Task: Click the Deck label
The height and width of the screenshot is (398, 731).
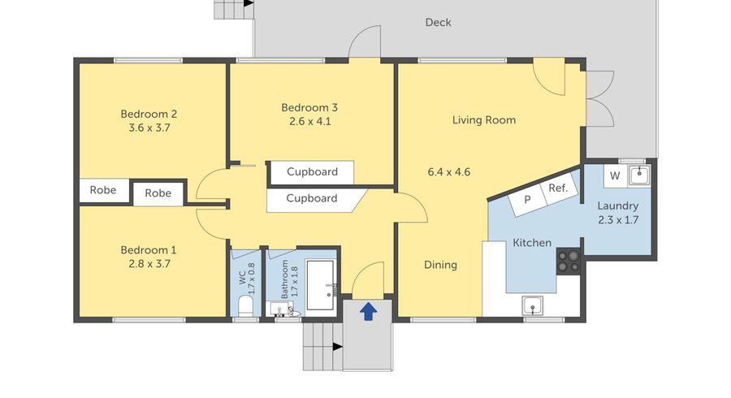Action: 438,23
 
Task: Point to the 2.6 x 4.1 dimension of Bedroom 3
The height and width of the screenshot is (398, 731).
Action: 309,122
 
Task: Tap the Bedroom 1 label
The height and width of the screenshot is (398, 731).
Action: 149,250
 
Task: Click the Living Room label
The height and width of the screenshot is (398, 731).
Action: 484,120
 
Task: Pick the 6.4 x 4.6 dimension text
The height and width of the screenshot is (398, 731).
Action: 449,172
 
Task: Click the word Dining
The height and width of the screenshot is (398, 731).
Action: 440,265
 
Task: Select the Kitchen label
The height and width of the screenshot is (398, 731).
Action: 532,243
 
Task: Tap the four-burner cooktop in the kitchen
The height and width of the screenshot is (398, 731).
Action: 568,260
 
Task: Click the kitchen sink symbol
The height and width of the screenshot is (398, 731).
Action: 533,305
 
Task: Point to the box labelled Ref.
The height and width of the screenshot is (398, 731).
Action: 557,188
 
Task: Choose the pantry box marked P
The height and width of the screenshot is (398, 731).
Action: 527,199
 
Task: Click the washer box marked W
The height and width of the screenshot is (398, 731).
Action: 615,175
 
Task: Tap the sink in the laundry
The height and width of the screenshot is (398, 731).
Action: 639,174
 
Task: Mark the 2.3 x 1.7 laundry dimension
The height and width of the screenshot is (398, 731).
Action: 617,219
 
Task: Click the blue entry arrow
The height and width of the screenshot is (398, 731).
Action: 368,310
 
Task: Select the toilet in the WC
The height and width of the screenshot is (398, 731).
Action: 244,306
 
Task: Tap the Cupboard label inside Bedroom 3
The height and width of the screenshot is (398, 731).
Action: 312,172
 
